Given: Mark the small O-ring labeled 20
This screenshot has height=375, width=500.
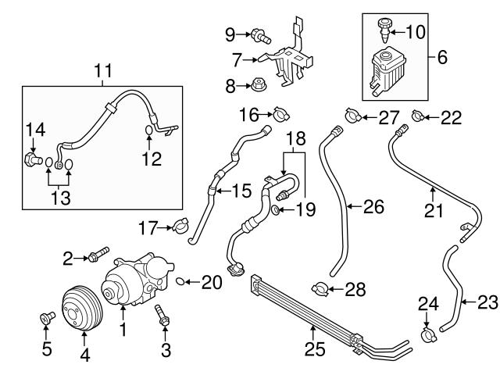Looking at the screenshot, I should (181, 280).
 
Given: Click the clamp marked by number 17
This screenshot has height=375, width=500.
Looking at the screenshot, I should (182, 227).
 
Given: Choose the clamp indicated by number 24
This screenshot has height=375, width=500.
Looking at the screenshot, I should (427, 337).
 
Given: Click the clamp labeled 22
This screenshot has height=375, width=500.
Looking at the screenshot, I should (419, 119).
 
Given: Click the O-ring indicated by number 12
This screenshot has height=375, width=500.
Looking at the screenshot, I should (149, 130).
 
